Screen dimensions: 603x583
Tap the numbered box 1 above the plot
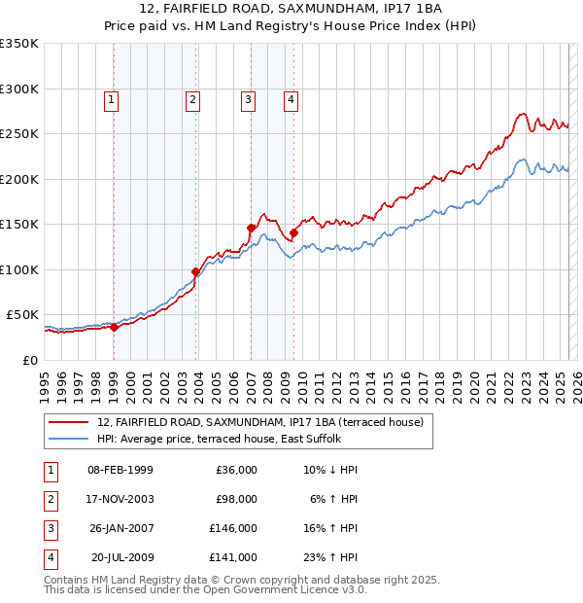point(112,98)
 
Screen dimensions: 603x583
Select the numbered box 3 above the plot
point(249,98)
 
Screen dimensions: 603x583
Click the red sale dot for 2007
point(251,228)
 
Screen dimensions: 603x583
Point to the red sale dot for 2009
point(293,232)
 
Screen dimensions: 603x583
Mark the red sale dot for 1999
point(114,327)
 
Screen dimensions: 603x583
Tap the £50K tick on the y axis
point(22,315)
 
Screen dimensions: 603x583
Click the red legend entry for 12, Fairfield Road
point(259,423)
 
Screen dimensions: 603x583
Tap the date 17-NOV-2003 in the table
point(120,499)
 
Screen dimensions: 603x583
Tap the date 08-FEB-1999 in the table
point(120,470)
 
